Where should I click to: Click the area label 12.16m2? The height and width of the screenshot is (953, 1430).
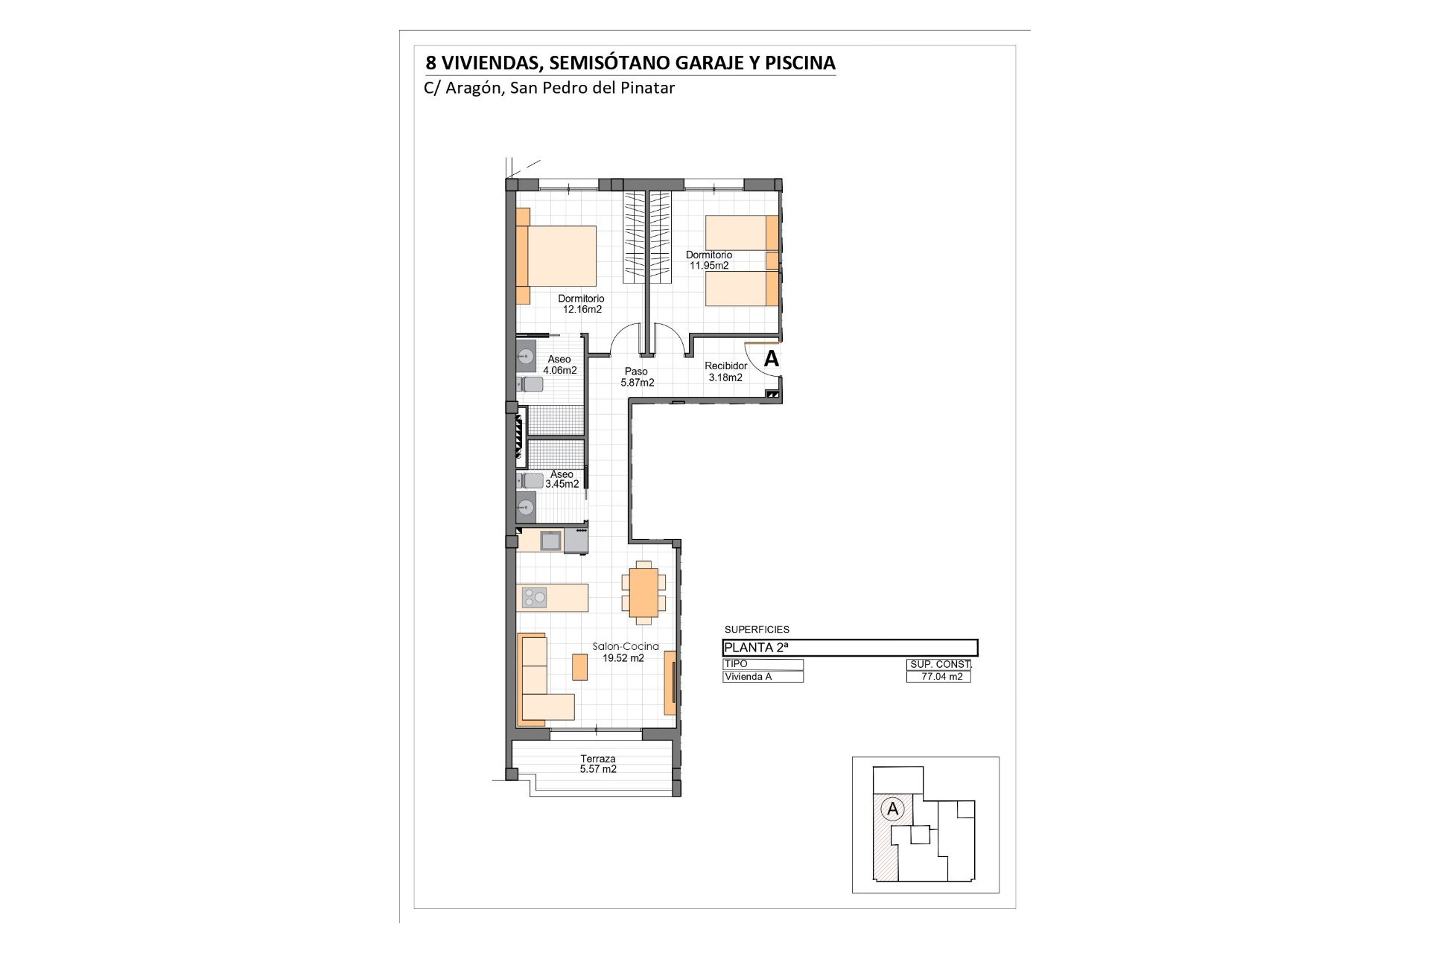pyautogui.click(x=582, y=310)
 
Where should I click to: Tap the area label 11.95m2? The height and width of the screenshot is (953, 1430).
pyautogui.click(x=709, y=266)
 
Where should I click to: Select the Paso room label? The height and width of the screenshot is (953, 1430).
pyautogui.click(x=636, y=372)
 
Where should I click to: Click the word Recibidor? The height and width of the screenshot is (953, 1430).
pyautogui.click(x=726, y=366)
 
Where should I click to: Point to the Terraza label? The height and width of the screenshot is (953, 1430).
pyautogui.click(x=598, y=759)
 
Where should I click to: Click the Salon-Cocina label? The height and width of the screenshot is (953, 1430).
pyautogui.click(x=626, y=647)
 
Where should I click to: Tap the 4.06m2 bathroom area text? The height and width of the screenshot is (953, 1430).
pyautogui.click(x=560, y=370)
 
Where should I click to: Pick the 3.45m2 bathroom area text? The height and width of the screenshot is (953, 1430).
pyautogui.click(x=562, y=484)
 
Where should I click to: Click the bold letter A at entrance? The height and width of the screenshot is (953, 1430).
pyautogui.click(x=772, y=359)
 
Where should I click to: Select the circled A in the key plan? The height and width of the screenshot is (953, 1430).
pyautogui.click(x=892, y=808)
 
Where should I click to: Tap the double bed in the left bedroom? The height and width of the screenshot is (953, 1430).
pyautogui.click(x=557, y=256)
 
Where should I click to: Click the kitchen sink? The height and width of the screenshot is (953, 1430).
pyautogui.click(x=550, y=541)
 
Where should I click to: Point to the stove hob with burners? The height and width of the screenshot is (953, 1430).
pyautogui.click(x=533, y=597)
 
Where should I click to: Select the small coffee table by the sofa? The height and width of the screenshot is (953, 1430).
pyautogui.click(x=579, y=666)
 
